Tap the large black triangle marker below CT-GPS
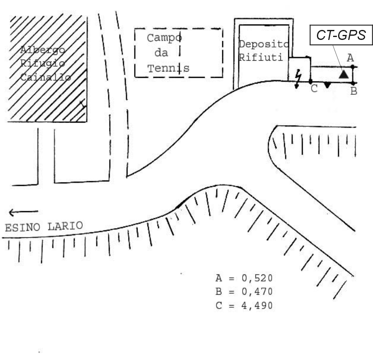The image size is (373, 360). coord(343,74)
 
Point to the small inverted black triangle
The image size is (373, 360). coord(328,85)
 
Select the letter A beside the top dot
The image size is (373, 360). coord(350,58)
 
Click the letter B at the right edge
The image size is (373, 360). coord(353,91)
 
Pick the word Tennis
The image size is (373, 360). coord(169,68)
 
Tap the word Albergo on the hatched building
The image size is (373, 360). coord(43,50)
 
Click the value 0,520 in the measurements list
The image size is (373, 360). coord(257,278)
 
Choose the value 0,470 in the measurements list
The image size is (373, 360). coord(257,292)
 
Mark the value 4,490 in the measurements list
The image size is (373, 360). coord(257,306)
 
